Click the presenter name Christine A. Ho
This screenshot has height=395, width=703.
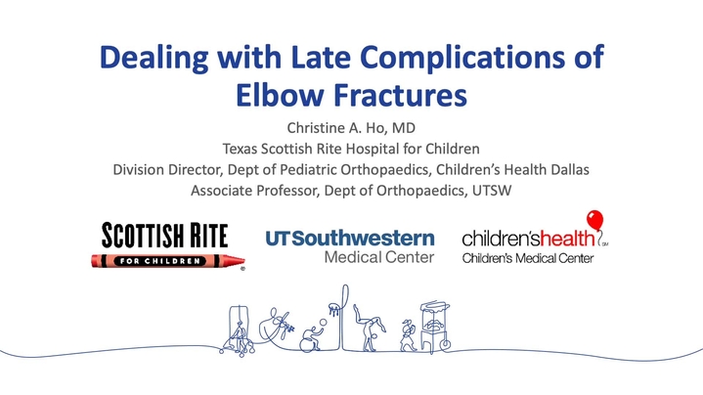pyautogui.click(x=337, y=128)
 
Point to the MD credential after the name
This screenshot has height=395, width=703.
pyautogui.click(x=404, y=128)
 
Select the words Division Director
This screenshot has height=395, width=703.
pyautogui.click(x=167, y=169)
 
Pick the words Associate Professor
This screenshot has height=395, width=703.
pyautogui.click(x=254, y=191)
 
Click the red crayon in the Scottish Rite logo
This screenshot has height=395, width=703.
pyautogui.click(x=168, y=260)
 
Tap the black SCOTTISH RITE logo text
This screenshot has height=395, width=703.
pyautogui.click(x=164, y=236)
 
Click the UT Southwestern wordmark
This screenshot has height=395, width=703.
pyautogui.click(x=350, y=239)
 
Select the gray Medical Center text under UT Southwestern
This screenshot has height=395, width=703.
pyautogui.click(x=379, y=257)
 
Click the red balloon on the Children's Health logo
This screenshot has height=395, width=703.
pyautogui.click(x=594, y=221)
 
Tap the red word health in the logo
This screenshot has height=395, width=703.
pyautogui.click(x=567, y=238)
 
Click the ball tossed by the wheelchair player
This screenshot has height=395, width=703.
pyautogui.click(x=323, y=323)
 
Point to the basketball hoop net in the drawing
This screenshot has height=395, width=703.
pyautogui.click(x=334, y=309)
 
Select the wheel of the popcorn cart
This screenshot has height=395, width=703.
pyautogui.click(x=445, y=344)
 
